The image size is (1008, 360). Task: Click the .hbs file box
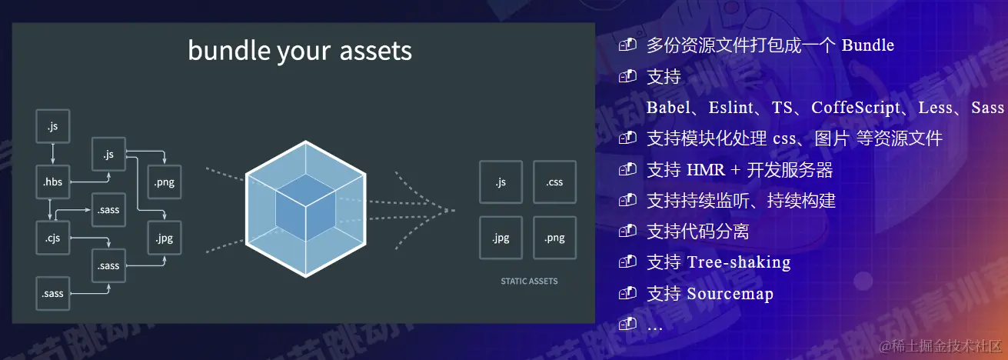click(52, 182)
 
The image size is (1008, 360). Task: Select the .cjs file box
click(52, 238)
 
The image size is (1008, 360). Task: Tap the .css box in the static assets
click(554, 182)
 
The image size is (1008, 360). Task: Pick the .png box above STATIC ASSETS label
click(554, 238)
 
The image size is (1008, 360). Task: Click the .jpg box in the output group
click(501, 238)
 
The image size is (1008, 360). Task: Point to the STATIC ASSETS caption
click(529, 282)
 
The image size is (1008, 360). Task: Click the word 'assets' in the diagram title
click(376, 51)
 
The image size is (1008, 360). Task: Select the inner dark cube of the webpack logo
click(305, 208)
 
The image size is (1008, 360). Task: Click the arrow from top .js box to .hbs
click(52, 154)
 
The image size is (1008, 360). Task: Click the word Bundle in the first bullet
click(867, 45)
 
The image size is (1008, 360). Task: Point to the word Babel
click(668, 108)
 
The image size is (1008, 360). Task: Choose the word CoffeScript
click(856, 108)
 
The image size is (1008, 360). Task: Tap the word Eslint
click(730, 108)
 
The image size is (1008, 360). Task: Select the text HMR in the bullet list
click(706, 170)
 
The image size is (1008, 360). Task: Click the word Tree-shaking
click(739, 262)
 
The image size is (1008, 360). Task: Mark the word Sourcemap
click(730, 294)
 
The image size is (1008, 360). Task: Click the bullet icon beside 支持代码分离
click(627, 231)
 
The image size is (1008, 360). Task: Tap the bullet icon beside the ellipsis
click(627, 324)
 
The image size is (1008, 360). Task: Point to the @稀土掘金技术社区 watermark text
click(940, 346)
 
